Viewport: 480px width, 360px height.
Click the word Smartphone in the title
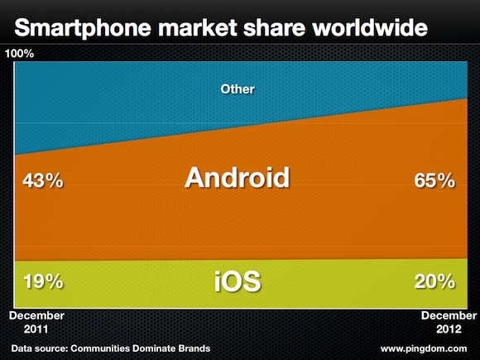click(x=83, y=28)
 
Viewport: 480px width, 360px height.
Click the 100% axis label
click(x=19, y=54)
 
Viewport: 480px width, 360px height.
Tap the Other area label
click(x=238, y=89)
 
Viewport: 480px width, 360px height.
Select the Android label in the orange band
click(x=238, y=177)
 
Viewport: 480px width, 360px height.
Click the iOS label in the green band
click(x=238, y=281)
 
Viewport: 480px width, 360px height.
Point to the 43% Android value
click(x=43, y=180)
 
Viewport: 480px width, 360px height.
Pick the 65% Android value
click(x=434, y=180)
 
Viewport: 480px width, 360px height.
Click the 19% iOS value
click(x=43, y=281)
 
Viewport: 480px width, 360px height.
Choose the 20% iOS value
click(x=434, y=281)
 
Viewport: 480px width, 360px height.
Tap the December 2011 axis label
click(x=36, y=323)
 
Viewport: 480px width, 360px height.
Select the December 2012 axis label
click(x=449, y=323)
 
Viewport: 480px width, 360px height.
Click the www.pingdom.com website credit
click(x=424, y=348)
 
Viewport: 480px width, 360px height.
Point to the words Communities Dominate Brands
click(x=140, y=348)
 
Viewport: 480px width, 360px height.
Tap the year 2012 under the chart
click(x=449, y=329)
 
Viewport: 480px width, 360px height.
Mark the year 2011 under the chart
click(x=36, y=329)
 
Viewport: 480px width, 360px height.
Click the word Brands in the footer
click(x=194, y=348)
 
